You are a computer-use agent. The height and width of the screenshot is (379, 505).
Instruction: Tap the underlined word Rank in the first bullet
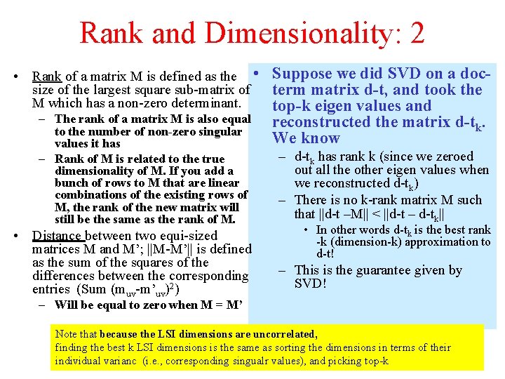click(x=47, y=76)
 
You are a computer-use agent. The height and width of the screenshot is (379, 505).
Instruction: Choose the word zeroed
click(x=448, y=157)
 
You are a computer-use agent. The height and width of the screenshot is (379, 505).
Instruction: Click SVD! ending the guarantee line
click(x=311, y=284)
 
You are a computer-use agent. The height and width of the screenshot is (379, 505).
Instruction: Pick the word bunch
click(x=72, y=182)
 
